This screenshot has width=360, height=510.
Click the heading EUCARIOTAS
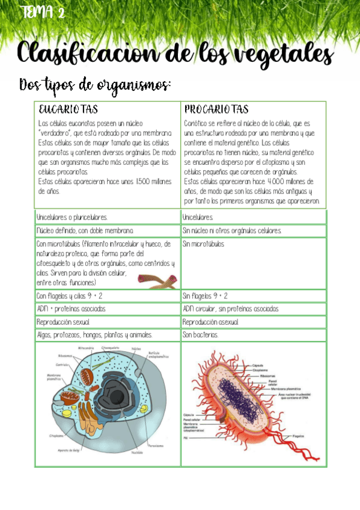coord(68,110)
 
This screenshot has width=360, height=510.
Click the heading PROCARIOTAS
coord(216,110)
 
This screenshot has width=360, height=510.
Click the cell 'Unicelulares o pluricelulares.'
coord(72,217)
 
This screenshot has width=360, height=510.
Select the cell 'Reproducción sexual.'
coord(63,322)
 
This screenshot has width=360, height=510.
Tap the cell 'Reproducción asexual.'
coord(210,322)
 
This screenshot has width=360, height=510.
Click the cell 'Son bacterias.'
coord(201,335)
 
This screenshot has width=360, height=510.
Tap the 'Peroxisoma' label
coord(154,446)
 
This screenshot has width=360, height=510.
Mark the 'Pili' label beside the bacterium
coord(186,438)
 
